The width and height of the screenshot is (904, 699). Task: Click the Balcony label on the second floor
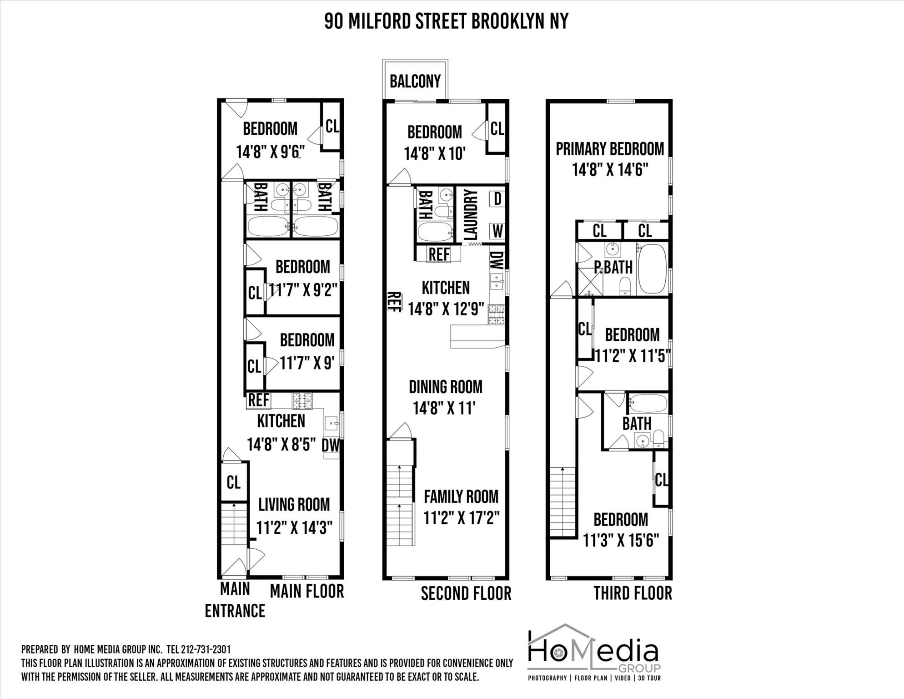tap(415, 81)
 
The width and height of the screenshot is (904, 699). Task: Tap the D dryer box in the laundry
tap(497, 199)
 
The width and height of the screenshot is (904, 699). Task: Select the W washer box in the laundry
tap(497, 231)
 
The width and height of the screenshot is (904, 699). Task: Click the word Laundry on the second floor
tap(471, 215)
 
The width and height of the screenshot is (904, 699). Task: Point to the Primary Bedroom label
tap(610, 149)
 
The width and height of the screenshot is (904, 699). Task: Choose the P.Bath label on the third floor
tap(613, 268)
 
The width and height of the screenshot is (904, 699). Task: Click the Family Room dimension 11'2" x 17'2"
tap(461, 518)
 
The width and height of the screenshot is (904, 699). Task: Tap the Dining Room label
tap(445, 387)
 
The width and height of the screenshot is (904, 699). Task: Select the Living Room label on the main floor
tap(294, 505)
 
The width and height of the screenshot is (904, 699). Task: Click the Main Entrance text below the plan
tap(235, 600)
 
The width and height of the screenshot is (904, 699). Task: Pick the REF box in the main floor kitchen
tap(258, 400)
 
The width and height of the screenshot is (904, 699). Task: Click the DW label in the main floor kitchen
tap(331, 445)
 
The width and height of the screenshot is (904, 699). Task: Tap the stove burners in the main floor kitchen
tap(302, 400)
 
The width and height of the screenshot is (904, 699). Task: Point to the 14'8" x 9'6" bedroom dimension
tap(270, 152)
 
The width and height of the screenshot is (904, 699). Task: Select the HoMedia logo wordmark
tap(593, 652)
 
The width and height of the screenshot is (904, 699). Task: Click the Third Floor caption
tap(633, 593)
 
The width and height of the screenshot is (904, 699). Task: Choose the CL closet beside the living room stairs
tap(234, 482)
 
